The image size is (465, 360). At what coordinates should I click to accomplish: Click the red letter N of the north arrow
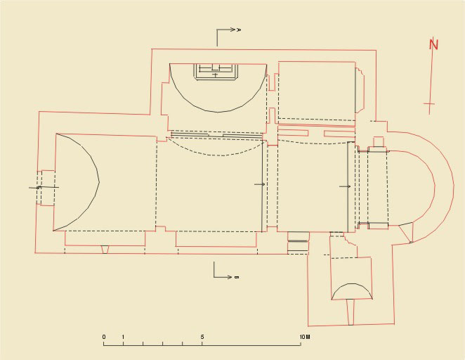433,44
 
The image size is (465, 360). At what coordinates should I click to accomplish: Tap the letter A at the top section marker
239,30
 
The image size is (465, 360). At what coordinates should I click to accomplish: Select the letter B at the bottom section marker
236,277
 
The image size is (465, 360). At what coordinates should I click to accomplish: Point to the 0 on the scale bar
104,337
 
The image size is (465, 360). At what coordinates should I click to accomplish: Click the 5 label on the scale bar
202,337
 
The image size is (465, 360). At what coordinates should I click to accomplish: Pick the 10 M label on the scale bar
305,337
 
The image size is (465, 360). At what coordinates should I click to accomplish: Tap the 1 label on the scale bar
123,337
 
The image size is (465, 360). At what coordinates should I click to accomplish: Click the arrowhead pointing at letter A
232,30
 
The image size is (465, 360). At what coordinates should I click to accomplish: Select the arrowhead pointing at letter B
229,277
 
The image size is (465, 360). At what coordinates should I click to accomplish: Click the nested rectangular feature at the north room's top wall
216,72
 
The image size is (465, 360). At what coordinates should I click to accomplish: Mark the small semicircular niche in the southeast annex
352,291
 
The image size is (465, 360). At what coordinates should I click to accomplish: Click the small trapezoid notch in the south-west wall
105,250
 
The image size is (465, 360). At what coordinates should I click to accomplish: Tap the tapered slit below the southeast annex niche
351,312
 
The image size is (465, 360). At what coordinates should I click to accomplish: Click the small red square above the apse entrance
379,142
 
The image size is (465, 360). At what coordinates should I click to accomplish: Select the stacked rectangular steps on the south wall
299,243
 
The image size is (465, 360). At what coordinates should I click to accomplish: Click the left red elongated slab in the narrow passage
293,133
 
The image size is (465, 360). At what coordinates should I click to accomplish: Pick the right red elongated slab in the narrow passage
339,134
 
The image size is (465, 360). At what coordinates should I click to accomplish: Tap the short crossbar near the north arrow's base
429,104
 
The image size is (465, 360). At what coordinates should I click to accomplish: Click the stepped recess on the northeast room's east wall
360,90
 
